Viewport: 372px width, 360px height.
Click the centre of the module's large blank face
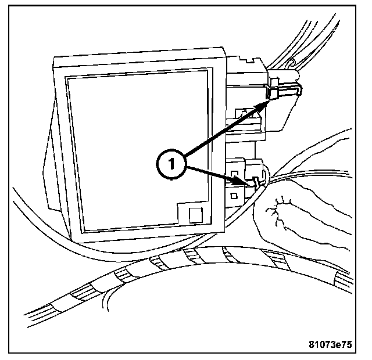(138, 148)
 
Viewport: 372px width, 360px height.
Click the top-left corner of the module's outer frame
(55, 58)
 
